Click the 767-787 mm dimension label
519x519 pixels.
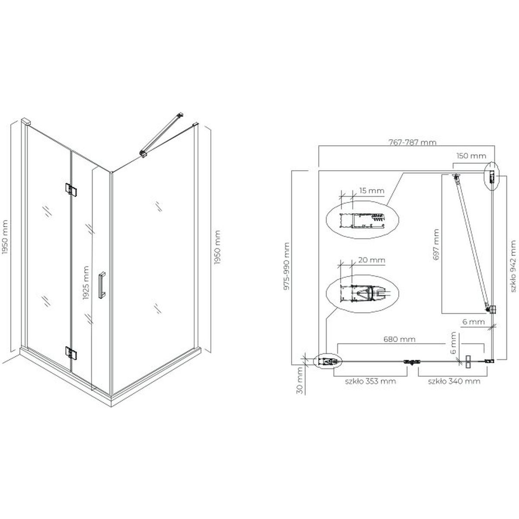coord(412,142)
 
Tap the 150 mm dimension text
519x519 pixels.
coord(471,156)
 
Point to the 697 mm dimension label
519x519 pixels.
coord(436,244)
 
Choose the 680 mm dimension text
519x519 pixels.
coord(400,339)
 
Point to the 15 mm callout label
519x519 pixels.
coord(372,191)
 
